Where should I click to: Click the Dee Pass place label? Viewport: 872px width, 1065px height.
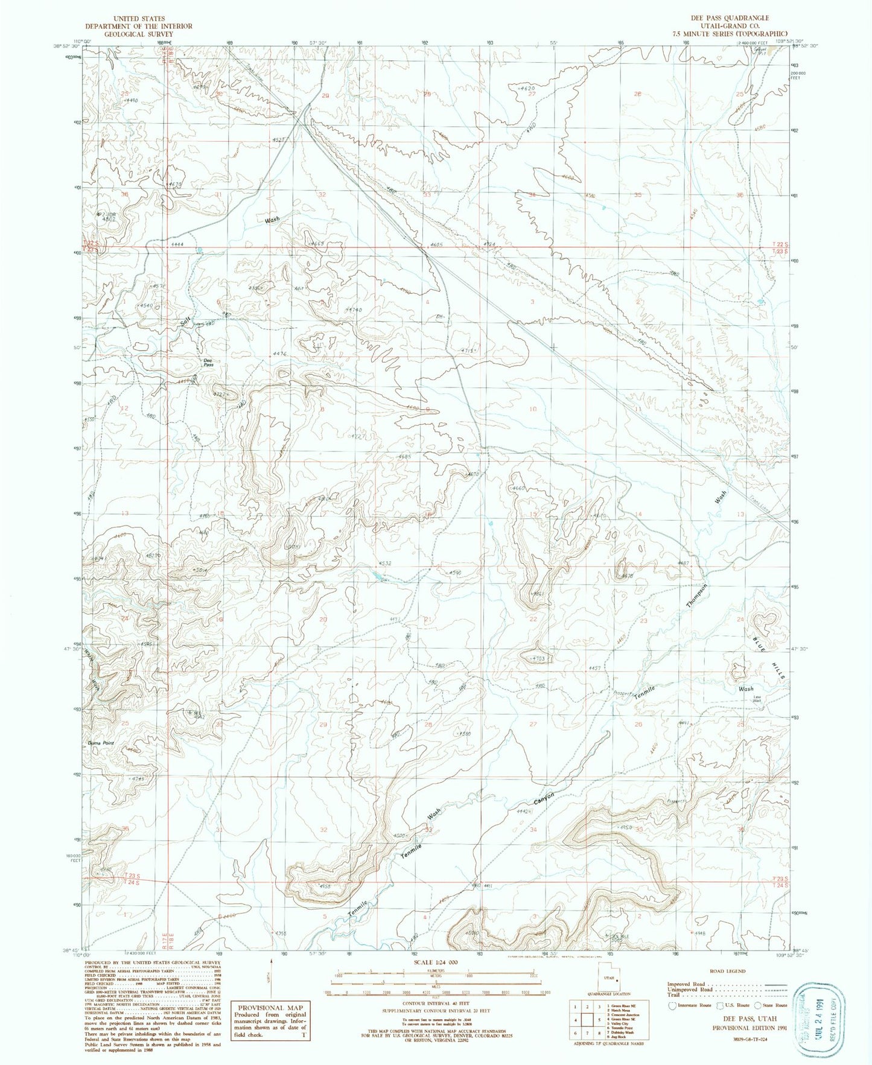(208, 363)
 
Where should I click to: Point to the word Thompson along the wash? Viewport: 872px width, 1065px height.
(696, 595)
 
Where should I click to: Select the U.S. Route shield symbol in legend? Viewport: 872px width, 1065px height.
(718, 1005)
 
